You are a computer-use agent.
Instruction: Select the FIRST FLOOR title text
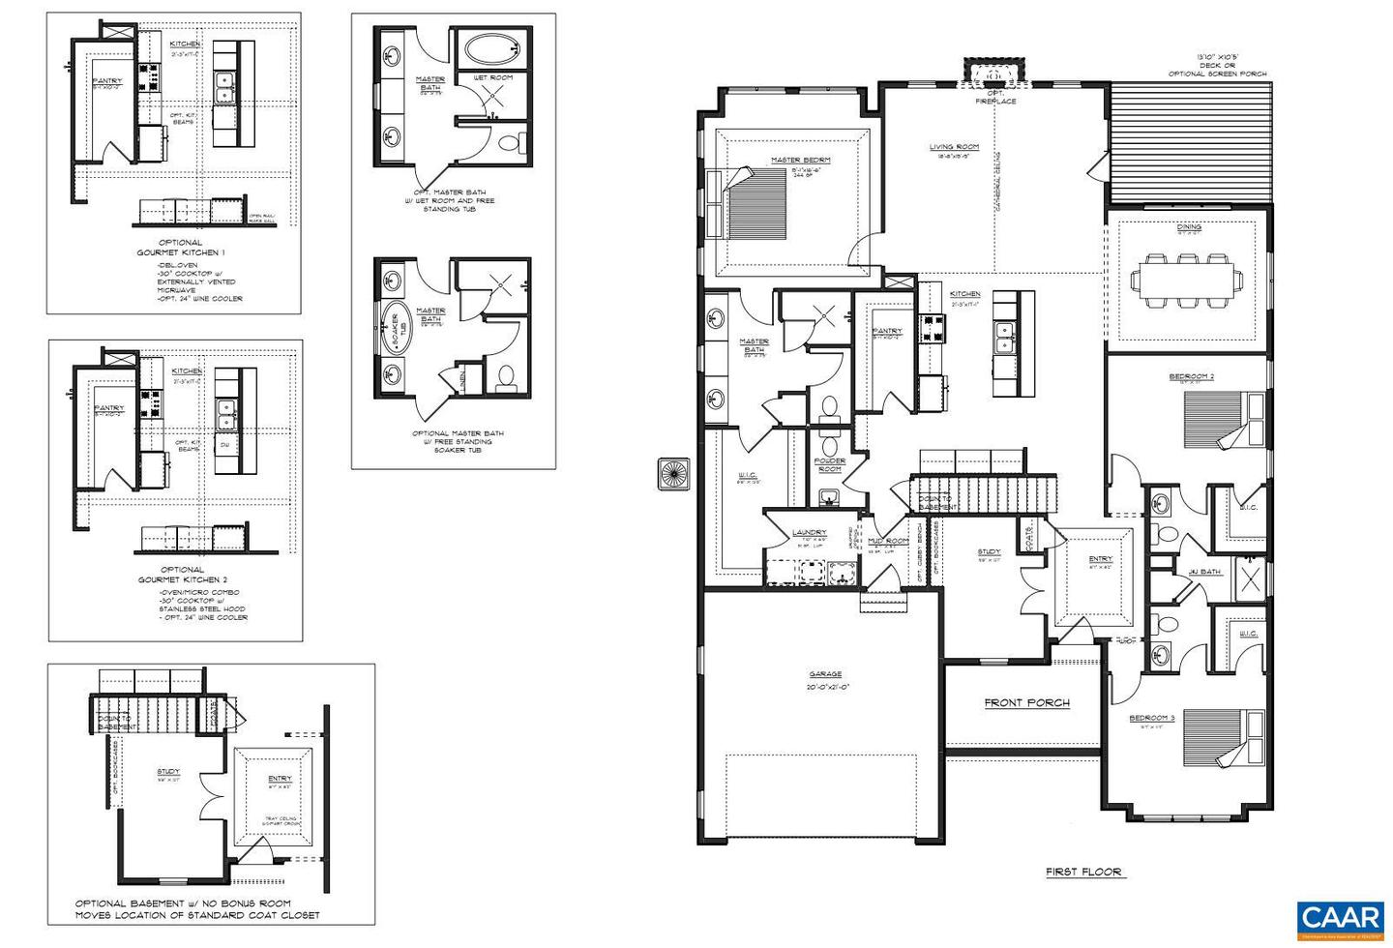[1083, 872]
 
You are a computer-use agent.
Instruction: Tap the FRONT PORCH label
[1026, 703]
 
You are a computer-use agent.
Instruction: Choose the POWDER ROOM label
[829, 465]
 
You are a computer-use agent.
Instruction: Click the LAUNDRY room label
[809, 533]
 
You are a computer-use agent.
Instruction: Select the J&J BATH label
[1203, 572]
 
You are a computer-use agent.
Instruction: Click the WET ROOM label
[492, 76]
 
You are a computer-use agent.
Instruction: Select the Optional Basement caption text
[197, 908]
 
